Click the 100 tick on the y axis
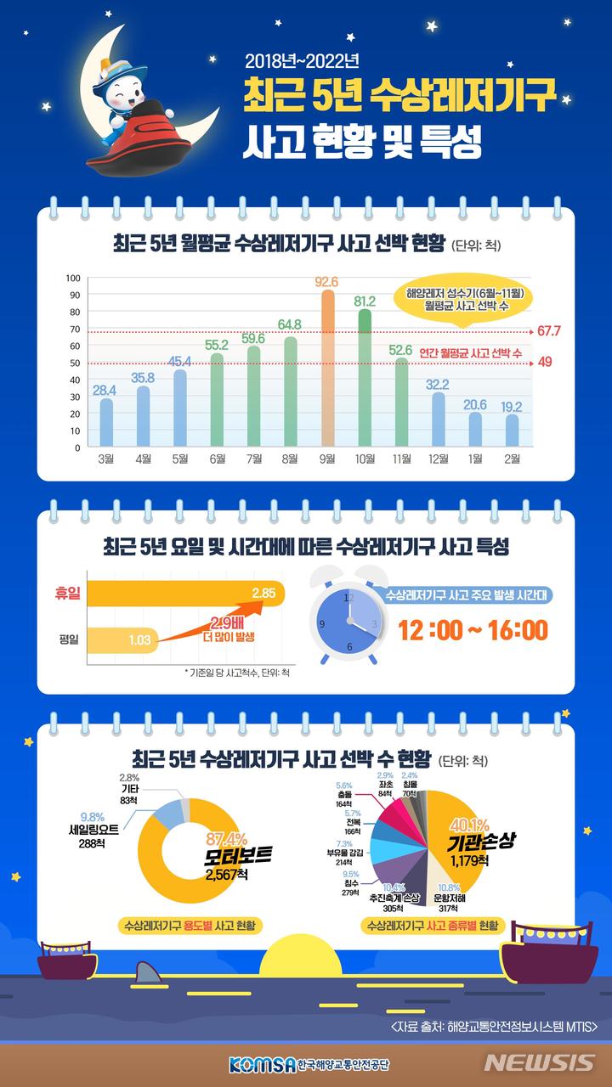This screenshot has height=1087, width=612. (x=73, y=279)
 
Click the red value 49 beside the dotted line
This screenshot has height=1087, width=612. (x=547, y=363)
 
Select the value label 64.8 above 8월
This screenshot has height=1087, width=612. (x=290, y=324)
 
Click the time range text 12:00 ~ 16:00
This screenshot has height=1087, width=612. (x=473, y=630)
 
